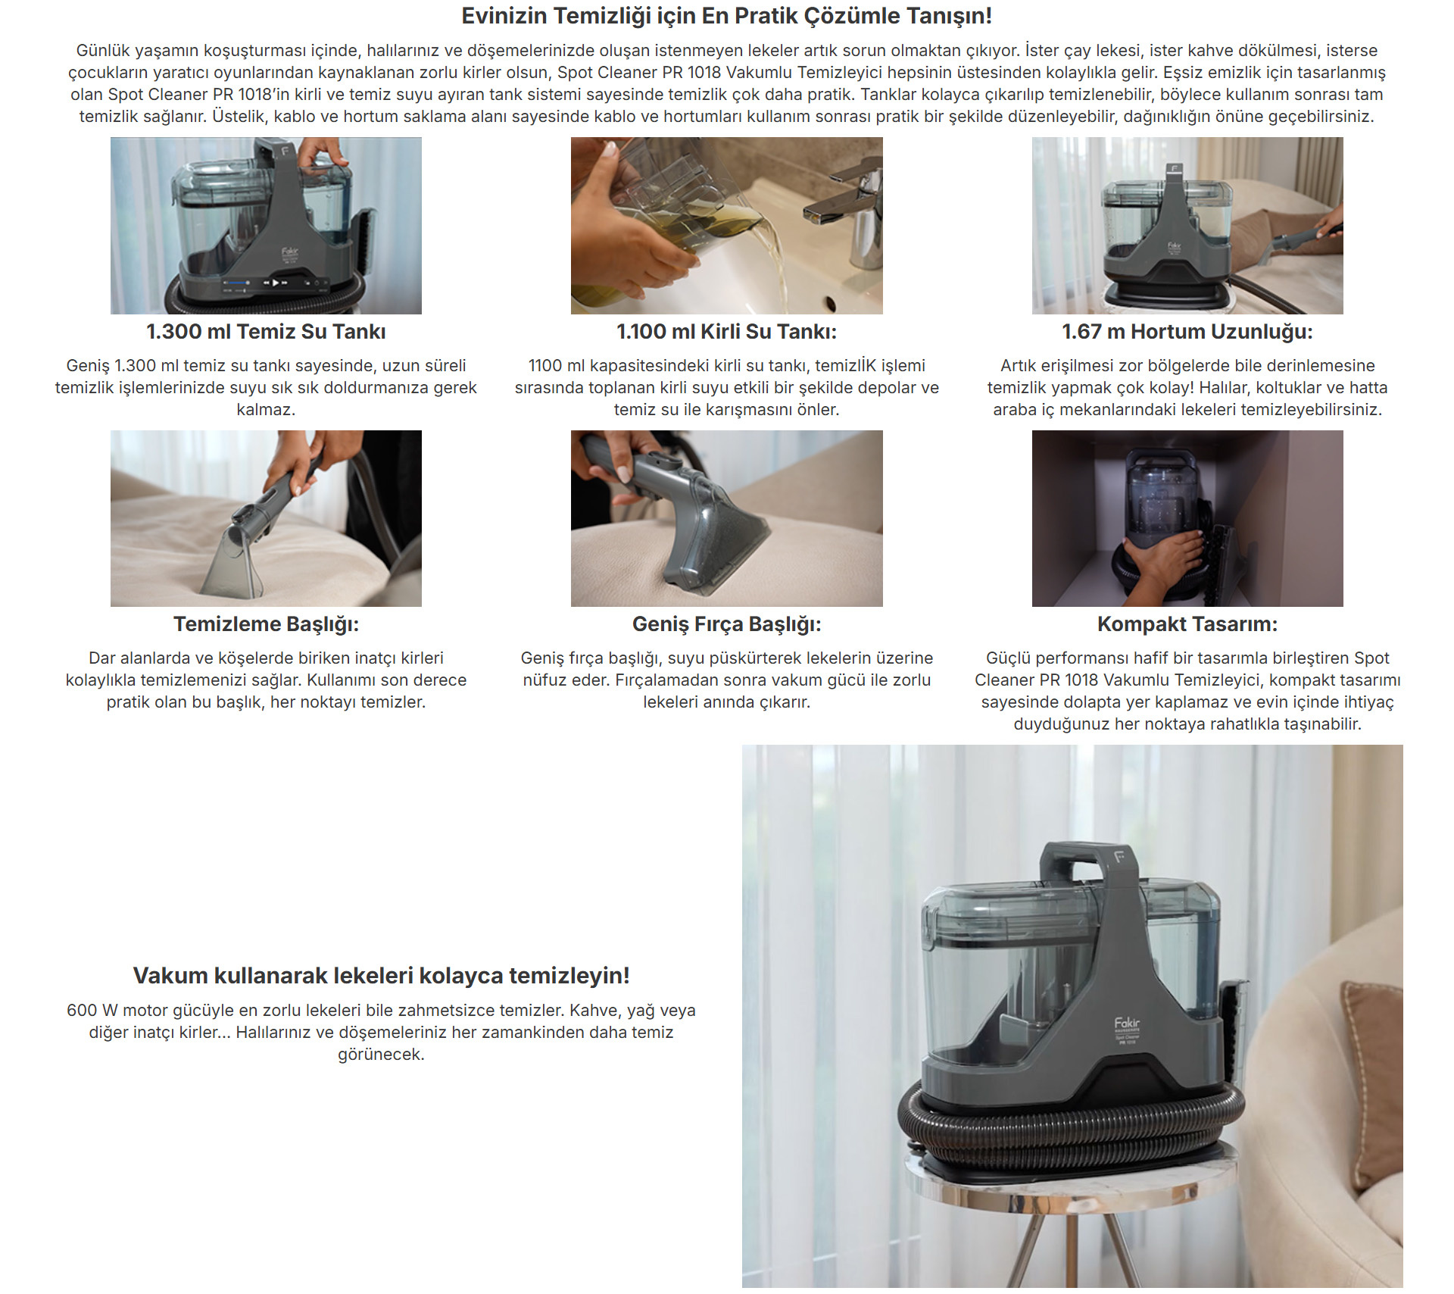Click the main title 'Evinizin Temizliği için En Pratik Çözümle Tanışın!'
click(727, 16)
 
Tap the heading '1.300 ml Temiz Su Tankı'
click(266, 332)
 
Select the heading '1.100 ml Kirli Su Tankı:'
click(727, 332)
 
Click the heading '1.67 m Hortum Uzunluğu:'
click(1187, 332)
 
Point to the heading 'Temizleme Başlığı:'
click(266, 624)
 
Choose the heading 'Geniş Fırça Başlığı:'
click(727, 624)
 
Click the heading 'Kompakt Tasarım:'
click(1187, 624)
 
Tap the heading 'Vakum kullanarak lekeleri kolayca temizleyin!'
click(382, 976)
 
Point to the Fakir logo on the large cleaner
click(1127, 1024)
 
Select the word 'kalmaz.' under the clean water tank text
click(266, 410)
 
